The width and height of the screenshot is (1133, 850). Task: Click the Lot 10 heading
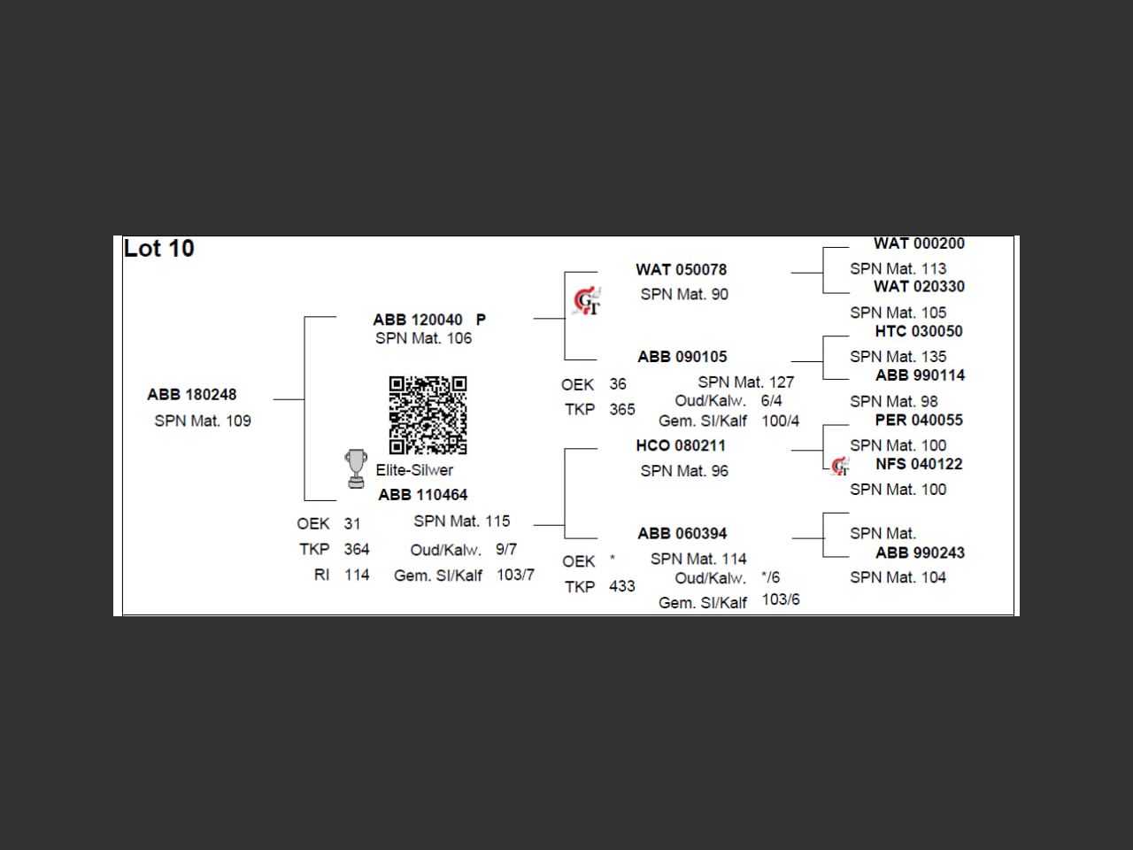(158, 249)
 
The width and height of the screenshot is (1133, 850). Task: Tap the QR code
(428, 414)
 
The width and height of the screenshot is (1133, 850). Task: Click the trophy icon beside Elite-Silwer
(356, 468)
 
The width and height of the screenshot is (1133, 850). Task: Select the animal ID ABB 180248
(192, 395)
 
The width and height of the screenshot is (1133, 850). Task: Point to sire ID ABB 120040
(418, 320)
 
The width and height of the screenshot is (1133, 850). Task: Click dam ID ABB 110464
(423, 495)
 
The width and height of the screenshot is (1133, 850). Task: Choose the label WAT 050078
(681, 270)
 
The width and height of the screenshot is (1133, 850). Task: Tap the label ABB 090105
(682, 357)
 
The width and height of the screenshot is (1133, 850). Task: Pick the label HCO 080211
(681, 445)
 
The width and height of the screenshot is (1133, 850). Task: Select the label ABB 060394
(682, 534)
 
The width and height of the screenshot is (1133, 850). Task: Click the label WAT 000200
(919, 243)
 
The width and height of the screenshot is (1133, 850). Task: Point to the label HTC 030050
(919, 331)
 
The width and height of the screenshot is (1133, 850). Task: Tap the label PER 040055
(919, 420)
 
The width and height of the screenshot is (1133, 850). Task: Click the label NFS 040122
(919, 464)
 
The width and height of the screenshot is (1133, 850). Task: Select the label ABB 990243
(920, 552)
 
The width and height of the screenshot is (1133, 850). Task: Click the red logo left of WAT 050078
(586, 302)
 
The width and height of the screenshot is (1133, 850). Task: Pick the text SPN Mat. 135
(898, 357)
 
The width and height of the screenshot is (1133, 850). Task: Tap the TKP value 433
(621, 586)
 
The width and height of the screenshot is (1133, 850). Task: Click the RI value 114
(357, 575)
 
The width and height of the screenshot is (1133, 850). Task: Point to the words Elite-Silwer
(414, 470)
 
